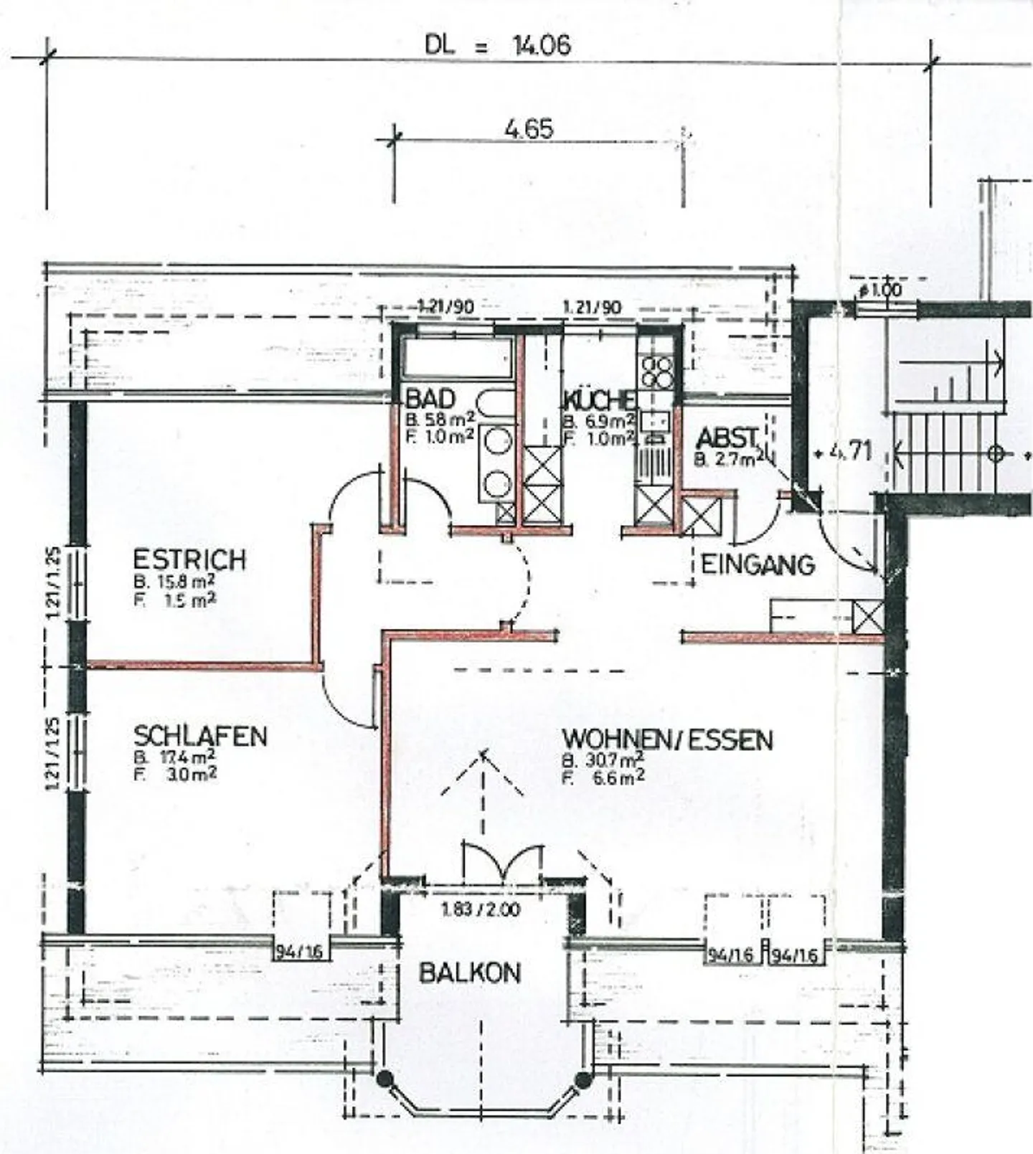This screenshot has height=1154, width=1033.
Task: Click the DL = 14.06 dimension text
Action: [498, 46]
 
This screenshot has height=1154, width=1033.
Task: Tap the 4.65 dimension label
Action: [529, 129]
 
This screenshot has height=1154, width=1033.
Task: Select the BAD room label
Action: [430, 399]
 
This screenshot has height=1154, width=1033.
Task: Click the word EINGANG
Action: [758, 565]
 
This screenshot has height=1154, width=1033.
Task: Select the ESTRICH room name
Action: [189, 559]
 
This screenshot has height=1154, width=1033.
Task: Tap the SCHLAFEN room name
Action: [200, 736]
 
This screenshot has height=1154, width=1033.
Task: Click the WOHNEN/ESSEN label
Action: [667, 739]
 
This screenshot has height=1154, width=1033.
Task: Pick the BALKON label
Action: [470, 973]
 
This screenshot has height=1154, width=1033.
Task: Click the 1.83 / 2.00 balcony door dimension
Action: [481, 910]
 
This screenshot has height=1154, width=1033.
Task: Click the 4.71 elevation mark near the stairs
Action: [850, 452]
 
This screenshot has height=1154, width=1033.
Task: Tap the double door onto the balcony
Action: [502, 864]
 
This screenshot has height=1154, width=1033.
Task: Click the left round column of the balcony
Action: [385, 1078]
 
